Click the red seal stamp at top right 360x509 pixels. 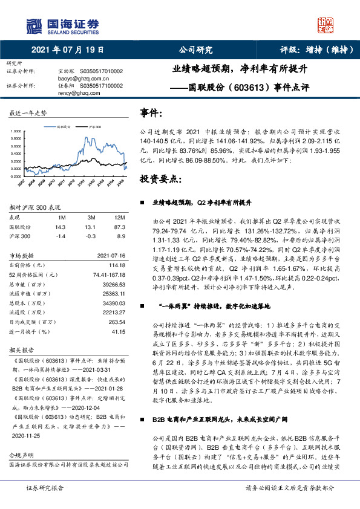[327, 25]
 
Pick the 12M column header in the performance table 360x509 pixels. [119, 217]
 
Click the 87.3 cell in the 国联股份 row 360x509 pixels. [120, 226]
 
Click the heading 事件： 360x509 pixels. [151, 112]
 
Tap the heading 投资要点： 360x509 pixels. [160, 180]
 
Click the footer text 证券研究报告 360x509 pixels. [45, 504]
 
